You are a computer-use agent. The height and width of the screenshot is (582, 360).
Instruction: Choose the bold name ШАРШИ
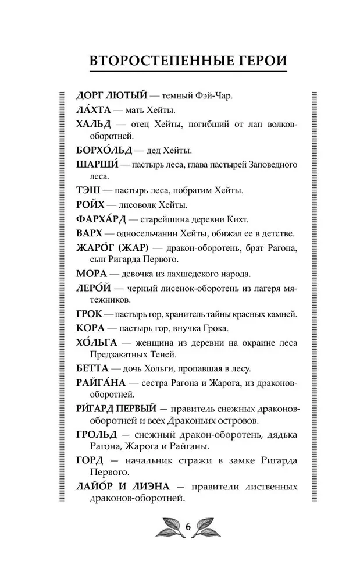click(96, 165)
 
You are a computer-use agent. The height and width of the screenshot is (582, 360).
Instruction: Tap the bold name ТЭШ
click(88, 191)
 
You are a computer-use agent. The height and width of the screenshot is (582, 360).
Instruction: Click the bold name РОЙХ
click(91, 205)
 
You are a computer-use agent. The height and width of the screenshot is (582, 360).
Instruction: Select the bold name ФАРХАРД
click(102, 219)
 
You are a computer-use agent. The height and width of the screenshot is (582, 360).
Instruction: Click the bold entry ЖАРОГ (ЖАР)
click(114, 248)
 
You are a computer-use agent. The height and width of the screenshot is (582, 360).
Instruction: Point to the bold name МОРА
click(91, 273)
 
